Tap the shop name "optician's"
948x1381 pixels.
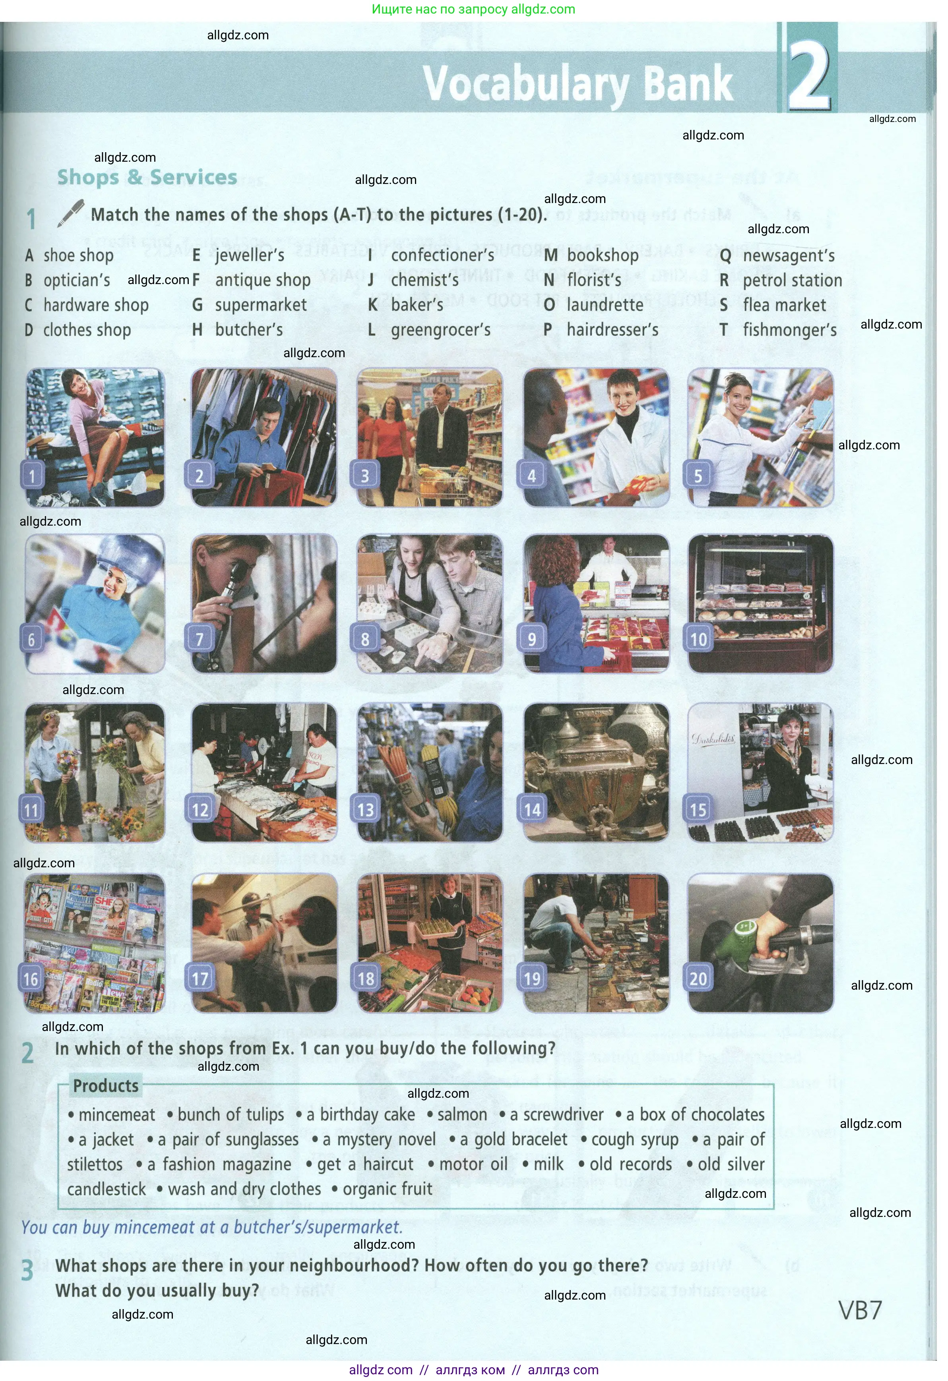coord(77,280)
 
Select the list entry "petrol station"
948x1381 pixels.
coord(792,280)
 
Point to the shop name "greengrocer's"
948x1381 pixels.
coord(440,330)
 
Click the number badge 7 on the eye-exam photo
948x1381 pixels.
coord(200,639)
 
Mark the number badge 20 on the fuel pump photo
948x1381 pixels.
coord(698,979)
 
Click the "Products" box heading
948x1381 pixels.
coord(105,1086)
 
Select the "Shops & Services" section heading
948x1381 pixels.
coord(147,177)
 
